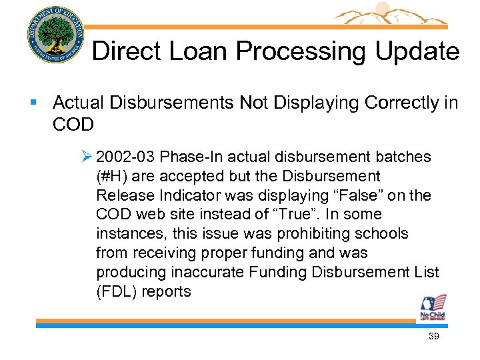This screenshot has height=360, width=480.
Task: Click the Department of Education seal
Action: click(x=56, y=34)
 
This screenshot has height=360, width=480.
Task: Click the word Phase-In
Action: click(x=188, y=157)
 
